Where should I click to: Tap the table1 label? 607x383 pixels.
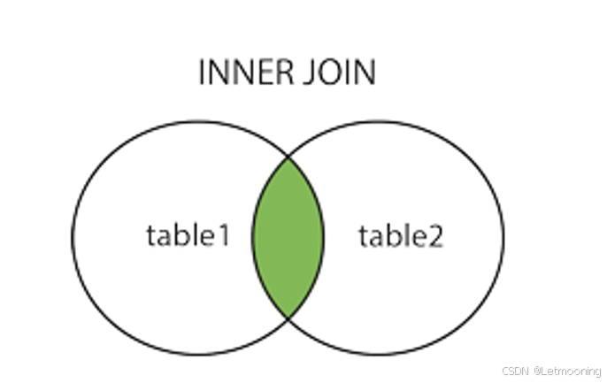point(188,236)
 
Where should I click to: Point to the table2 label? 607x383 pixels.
point(401,236)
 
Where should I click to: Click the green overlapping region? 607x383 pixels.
point(288,237)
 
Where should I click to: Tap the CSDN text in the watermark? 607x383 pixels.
point(515,371)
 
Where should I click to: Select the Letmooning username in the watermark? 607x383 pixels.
point(571,371)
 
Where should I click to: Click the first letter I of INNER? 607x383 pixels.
point(204,73)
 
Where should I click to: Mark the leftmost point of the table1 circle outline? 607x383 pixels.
point(73,237)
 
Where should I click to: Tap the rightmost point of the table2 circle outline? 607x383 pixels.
point(503,237)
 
